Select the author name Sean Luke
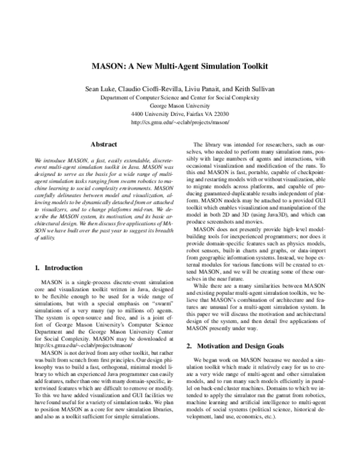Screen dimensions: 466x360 tap(103, 88)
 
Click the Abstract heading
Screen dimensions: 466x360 tap(103, 145)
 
